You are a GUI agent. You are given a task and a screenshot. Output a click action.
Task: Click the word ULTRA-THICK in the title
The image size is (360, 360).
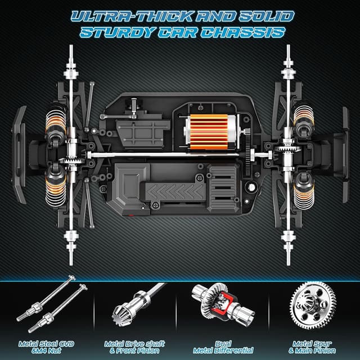(132, 16)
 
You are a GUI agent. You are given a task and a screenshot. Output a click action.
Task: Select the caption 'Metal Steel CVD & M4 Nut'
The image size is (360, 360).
(46, 347)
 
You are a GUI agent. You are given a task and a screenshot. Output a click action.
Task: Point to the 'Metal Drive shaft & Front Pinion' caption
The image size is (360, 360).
(134, 347)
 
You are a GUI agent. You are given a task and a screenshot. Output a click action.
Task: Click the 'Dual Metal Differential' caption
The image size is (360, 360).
(223, 347)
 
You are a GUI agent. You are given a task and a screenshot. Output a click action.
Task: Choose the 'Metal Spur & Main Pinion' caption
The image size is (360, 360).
(312, 347)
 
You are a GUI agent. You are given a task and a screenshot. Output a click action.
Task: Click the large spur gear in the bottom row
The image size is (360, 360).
(313, 305)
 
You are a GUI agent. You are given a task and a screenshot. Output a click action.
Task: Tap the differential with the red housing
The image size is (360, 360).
(223, 304)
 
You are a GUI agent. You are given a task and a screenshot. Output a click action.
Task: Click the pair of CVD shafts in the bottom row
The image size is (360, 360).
(52, 304)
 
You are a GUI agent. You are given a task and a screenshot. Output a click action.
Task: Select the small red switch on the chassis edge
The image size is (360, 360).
(131, 215)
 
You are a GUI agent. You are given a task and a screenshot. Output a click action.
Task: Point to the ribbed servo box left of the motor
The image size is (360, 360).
(143, 134)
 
